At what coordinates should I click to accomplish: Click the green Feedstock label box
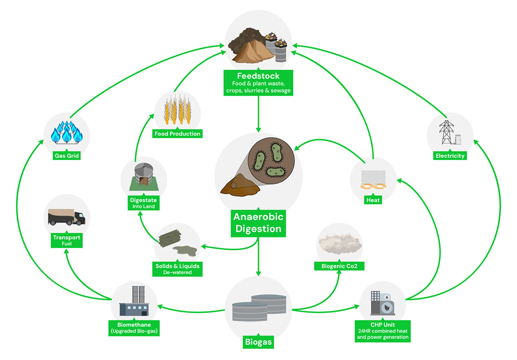click(258, 83)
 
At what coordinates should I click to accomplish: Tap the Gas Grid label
click(67, 155)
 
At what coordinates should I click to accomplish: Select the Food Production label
click(177, 133)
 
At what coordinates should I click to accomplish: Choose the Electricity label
click(450, 156)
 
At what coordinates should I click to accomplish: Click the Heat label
click(373, 200)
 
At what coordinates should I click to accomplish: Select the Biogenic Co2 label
click(339, 266)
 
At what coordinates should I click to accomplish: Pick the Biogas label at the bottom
click(258, 343)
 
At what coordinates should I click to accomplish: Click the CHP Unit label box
click(382, 331)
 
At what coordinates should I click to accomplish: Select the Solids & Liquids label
click(177, 269)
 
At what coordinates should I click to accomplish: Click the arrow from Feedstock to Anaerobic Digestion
click(258, 113)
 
